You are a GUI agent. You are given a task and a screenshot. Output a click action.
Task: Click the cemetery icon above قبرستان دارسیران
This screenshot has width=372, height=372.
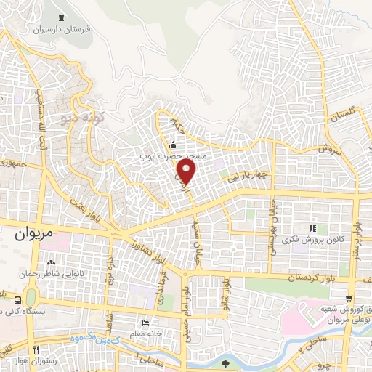pyautogui.click(x=60, y=18)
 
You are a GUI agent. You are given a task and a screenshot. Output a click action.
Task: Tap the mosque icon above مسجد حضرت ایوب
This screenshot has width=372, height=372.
pyautogui.click(x=172, y=144)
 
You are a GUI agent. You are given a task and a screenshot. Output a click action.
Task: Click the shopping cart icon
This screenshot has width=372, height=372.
pyautogui.click(x=349, y=299)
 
